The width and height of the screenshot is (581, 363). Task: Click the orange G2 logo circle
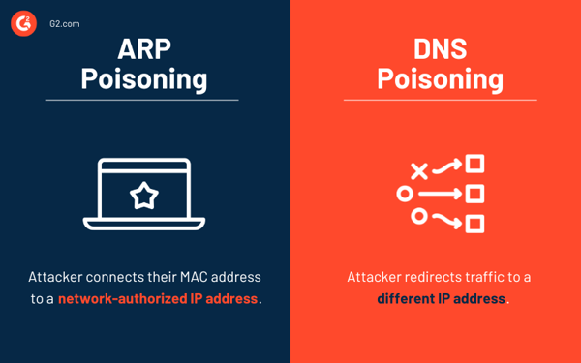23,21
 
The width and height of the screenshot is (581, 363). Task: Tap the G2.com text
64,21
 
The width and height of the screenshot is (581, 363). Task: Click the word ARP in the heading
144,49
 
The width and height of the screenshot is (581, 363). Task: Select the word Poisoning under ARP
144,77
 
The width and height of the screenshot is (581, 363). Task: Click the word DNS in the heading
440,49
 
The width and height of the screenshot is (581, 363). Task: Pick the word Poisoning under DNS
440,77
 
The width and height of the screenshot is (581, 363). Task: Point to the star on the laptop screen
144,196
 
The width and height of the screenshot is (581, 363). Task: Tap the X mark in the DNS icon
418,171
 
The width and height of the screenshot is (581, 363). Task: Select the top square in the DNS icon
474,164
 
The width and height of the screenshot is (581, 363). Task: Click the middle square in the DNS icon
474,194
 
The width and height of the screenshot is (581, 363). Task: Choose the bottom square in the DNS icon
474,225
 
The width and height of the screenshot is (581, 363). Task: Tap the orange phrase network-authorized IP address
158,298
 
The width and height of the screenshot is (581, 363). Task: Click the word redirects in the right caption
441,277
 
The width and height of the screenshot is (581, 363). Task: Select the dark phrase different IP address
441,298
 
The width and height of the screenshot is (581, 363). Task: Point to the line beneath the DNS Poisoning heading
440,100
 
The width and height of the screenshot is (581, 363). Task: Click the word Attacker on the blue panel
57,277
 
